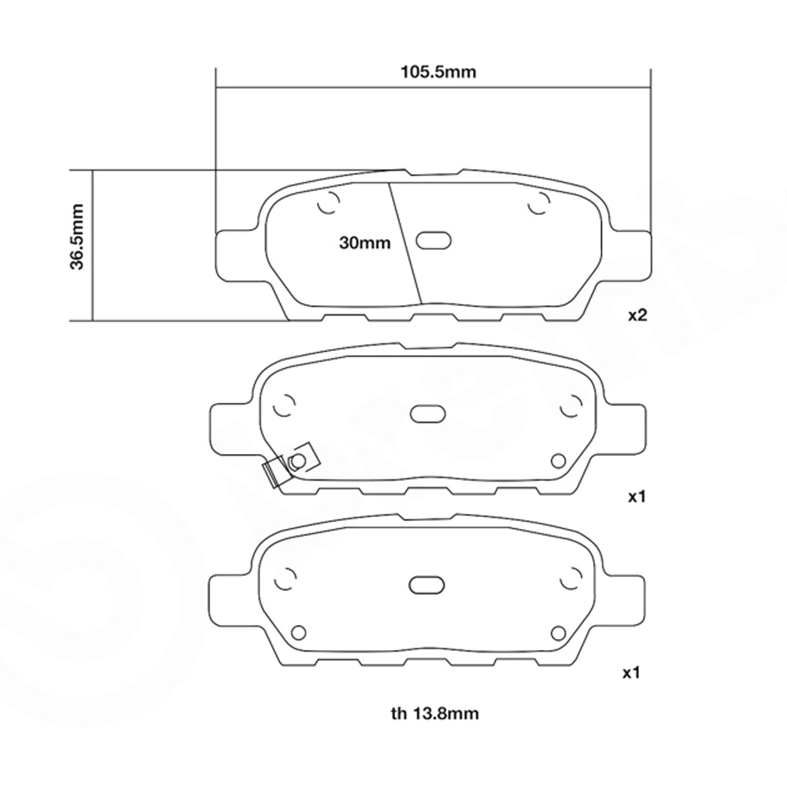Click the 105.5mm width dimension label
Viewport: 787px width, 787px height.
tap(438, 72)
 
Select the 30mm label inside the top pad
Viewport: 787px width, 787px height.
tap(365, 243)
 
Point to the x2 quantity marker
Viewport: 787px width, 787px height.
tap(638, 316)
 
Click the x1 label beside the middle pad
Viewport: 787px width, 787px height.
tap(637, 497)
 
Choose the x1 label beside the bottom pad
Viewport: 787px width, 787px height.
tap(631, 673)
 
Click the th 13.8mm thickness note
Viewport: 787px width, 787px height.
tap(434, 713)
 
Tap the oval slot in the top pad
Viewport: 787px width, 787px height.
tap(434, 241)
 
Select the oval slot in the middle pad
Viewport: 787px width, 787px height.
tap(428, 414)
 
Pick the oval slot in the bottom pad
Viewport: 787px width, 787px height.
tap(427, 585)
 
